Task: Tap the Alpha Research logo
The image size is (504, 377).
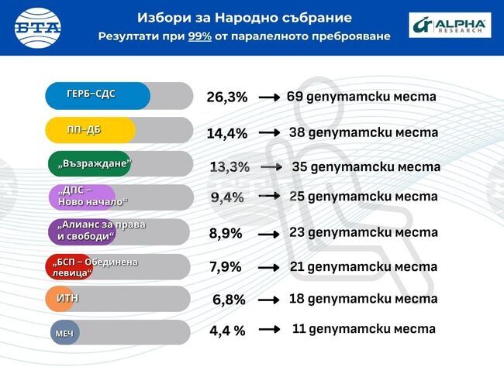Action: pyautogui.click(x=450, y=26)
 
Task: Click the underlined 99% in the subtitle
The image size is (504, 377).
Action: pyautogui.click(x=200, y=36)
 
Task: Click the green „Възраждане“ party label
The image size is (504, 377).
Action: pyautogui.click(x=90, y=164)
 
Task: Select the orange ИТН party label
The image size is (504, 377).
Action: pyautogui.click(x=68, y=298)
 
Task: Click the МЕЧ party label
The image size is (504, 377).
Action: pyautogui.click(x=64, y=332)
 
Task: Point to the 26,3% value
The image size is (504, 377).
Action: pyautogui.click(x=226, y=98)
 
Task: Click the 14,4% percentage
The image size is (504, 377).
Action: pyautogui.click(x=226, y=133)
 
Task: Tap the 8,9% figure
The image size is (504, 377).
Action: pyautogui.click(x=226, y=233)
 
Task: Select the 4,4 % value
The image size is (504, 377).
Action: pyautogui.click(x=227, y=331)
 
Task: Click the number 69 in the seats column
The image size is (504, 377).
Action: pyautogui.click(x=294, y=97)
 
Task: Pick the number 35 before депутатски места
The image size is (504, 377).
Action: pyautogui.click(x=299, y=166)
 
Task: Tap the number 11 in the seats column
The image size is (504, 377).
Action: pyautogui.click(x=299, y=329)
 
